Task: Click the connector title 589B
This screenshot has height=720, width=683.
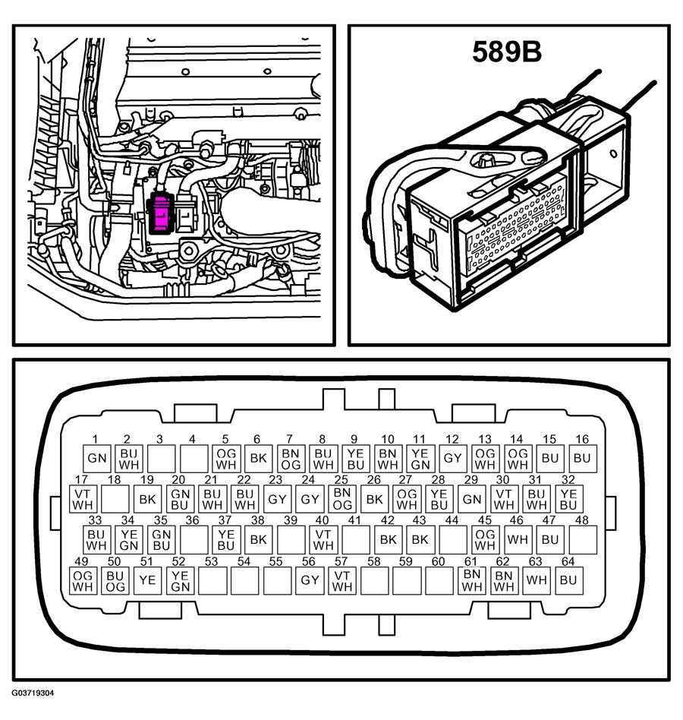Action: [x=507, y=52]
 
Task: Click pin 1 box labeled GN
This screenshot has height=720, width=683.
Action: [x=96, y=458]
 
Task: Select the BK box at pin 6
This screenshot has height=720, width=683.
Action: [x=258, y=458]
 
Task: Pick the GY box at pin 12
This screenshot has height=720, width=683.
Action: [x=452, y=458]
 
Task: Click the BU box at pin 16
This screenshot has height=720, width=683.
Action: [x=582, y=458]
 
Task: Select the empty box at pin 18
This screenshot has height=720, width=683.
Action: [x=115, y=499]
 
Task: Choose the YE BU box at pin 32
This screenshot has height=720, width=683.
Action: [x=568, y=499]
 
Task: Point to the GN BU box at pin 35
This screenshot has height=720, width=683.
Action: [x=161, y=540]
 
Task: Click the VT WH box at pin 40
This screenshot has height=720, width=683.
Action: [x=323, y=540]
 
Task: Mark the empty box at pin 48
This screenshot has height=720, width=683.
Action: [x=582, y=540]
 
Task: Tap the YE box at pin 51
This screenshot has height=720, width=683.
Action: [x=146, y=581]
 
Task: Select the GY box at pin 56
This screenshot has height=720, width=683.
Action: [x=309, y=581]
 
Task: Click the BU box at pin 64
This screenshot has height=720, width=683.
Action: [x=567, y=581]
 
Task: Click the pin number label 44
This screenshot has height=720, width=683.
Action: [x=452, y=521]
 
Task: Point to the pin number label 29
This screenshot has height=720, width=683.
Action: [x=471, y=480]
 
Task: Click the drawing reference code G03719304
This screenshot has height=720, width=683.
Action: [x=33, y=693]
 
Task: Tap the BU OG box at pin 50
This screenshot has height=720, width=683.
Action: [x=115, y=581]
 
